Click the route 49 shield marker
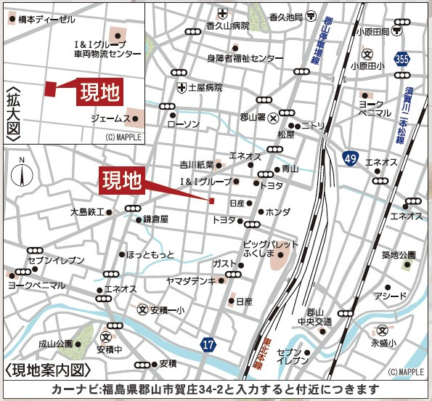(351, 158)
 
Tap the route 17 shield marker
(208, 344)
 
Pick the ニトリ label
(314, 125)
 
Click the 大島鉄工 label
(87, 212)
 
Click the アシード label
(390, 296)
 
